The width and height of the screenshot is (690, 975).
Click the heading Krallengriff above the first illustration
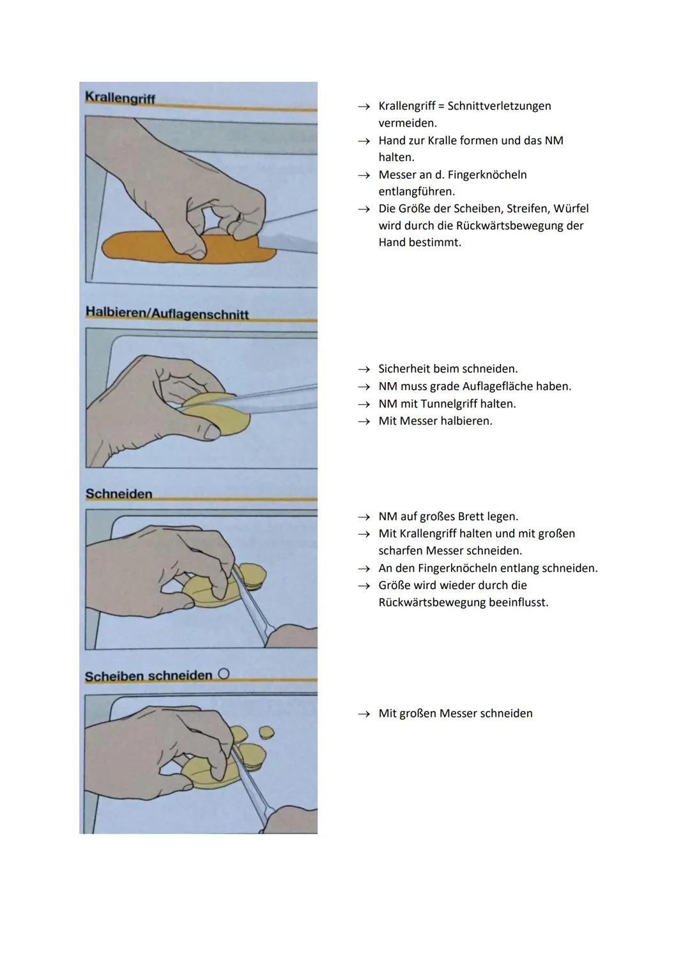[120, 98]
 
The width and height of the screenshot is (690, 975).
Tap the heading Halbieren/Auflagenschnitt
[167, 313]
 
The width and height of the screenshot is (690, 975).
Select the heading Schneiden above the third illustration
[119, 494]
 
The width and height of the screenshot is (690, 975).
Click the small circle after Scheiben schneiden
[223, 674]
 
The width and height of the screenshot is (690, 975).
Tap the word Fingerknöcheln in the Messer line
[490, 175]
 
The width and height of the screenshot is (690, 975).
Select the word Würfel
[571, 209]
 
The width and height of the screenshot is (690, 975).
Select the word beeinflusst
[518, 603]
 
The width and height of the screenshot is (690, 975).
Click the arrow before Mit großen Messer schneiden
[364, 714]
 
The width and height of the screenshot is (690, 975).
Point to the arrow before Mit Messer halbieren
[364, 422]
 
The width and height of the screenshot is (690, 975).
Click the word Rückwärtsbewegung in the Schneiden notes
[431, 603]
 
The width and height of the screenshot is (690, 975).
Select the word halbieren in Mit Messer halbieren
[466, 421]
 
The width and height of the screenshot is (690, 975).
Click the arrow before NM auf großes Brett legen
[364, 517]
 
